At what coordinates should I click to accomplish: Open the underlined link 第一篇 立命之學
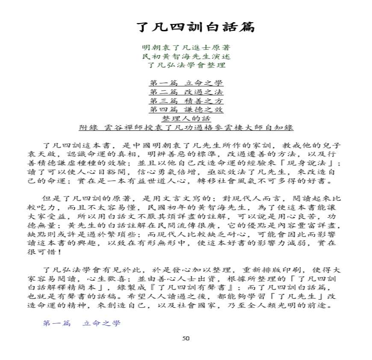click(186, 83)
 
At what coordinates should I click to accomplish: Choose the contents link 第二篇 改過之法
click(186, 92)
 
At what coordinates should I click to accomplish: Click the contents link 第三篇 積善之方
click(186, 101)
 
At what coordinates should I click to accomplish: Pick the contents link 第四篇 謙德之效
click(186, 110)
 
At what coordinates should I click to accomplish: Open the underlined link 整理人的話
click(186, 118)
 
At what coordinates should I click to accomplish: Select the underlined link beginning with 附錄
click(186, 127)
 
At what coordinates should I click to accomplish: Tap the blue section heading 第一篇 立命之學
click(81, 323)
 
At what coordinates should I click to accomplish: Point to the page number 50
click(186, 338)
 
